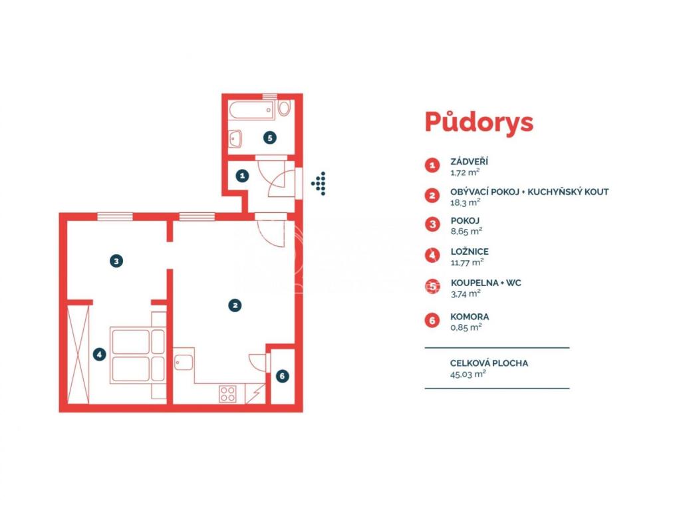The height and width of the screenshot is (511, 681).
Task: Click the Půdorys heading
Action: pos(479,122)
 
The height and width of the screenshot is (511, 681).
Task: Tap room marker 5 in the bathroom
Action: pos(270,138)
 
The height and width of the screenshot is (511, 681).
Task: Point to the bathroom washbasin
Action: pos(235,138)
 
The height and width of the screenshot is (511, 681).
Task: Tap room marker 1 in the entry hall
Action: pos(242,176)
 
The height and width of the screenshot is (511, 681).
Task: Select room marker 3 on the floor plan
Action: pos(116,261)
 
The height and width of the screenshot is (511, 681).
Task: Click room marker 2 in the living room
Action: pos(235,305)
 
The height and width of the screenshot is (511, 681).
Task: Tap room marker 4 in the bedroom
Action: pos(100,355)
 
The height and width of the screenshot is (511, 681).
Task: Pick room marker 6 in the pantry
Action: pos(282,376)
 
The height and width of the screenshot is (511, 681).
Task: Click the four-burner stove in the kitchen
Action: pos(227,394)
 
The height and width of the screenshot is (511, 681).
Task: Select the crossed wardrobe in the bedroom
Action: pos(78,354)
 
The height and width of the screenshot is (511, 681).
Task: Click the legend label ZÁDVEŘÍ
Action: pos(469,162)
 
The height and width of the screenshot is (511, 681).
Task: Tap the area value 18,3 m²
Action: pos(465,202)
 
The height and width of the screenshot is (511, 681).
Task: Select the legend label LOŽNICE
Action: pos(470,252)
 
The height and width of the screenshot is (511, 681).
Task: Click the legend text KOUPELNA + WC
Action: pos(485,283)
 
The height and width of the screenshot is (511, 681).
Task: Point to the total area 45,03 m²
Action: pos(468,374)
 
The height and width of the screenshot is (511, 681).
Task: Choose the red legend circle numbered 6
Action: pos(432,321)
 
